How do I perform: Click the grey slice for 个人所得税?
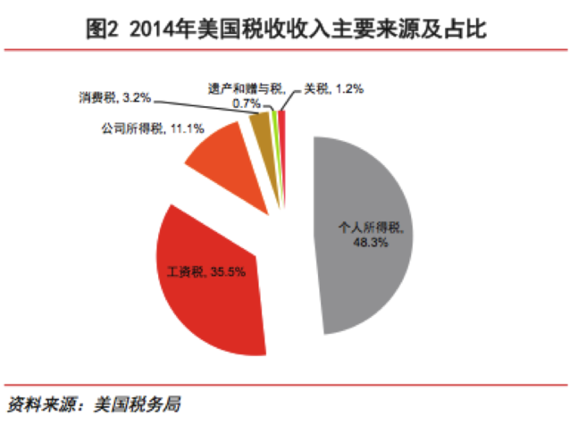point(366,268)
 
